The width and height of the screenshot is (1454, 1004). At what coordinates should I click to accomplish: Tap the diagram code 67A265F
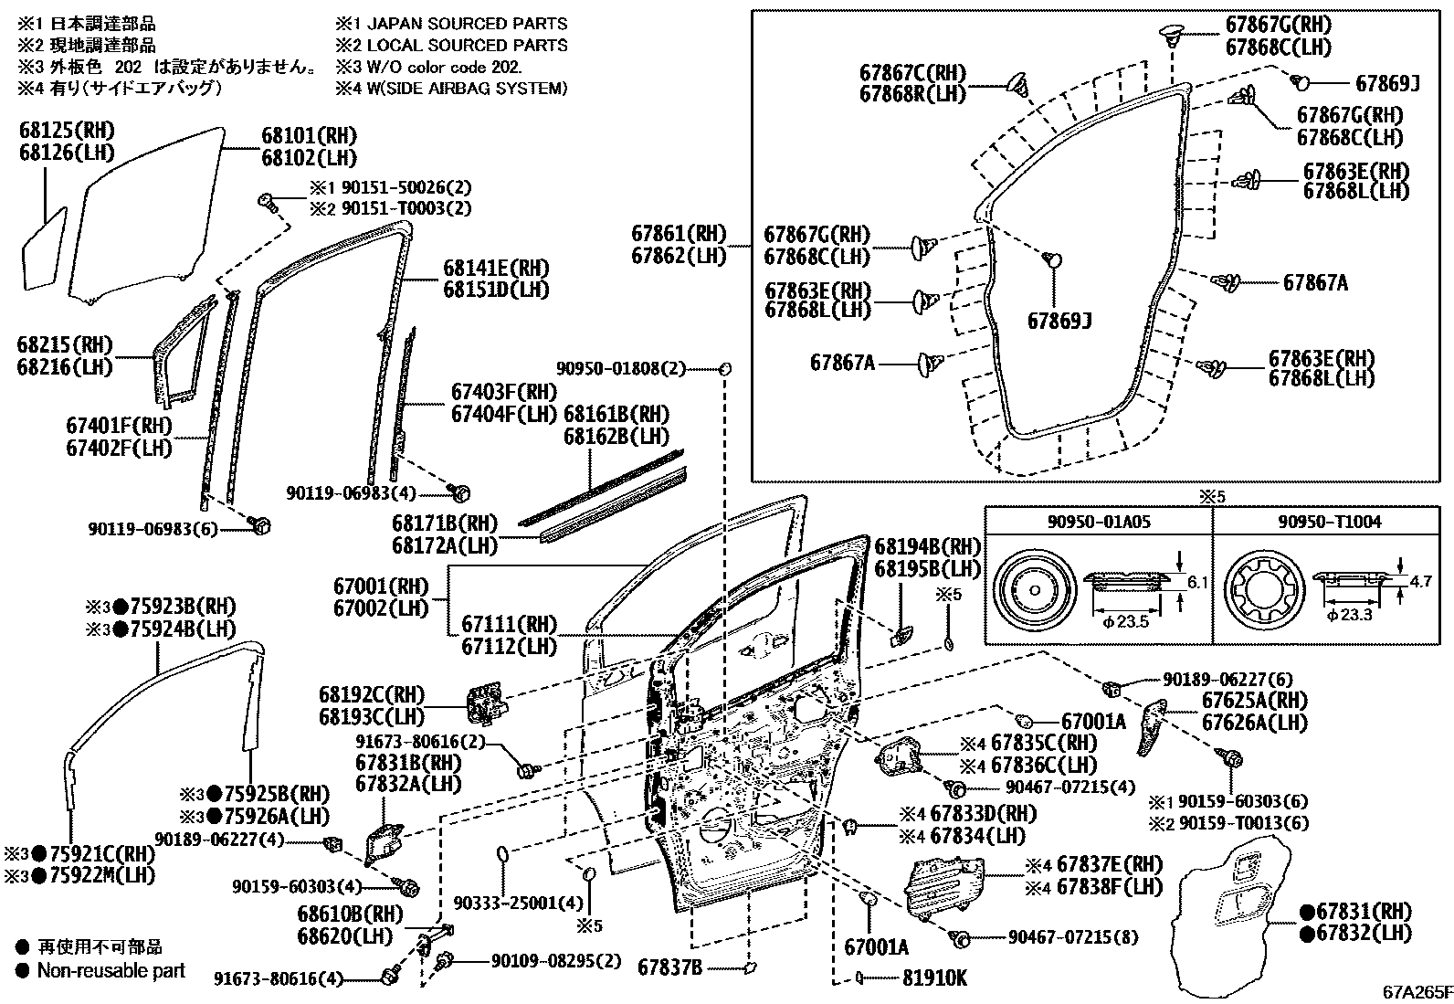point(1415,990)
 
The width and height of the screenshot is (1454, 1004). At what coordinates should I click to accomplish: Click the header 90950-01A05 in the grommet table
point(1099,522)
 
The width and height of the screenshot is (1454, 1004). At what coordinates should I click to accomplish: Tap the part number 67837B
point(669,966)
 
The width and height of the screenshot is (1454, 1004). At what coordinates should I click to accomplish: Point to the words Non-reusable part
point(111,971)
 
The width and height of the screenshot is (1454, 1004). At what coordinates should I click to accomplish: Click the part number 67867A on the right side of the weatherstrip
point(1314,283)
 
